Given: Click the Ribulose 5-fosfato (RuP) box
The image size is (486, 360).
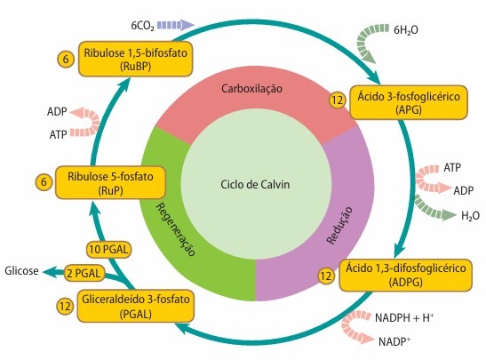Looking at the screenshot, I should pos(110,182).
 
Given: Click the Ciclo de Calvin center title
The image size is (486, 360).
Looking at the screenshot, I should pos(255,185).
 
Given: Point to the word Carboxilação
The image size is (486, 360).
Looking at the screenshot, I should pos(251,89).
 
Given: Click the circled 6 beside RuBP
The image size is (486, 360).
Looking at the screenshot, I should pos(65,60).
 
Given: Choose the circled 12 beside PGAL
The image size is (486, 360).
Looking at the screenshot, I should pos(64,305).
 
